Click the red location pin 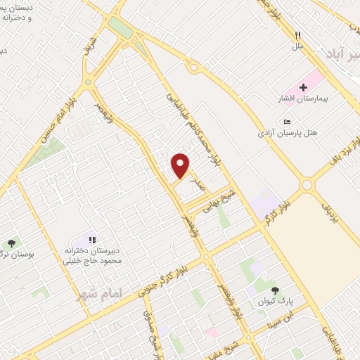point(181,165)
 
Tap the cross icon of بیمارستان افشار point(303,88)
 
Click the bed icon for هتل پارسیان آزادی point(286,122)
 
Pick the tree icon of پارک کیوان point(275,290)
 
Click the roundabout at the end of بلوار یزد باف point(307,186)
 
